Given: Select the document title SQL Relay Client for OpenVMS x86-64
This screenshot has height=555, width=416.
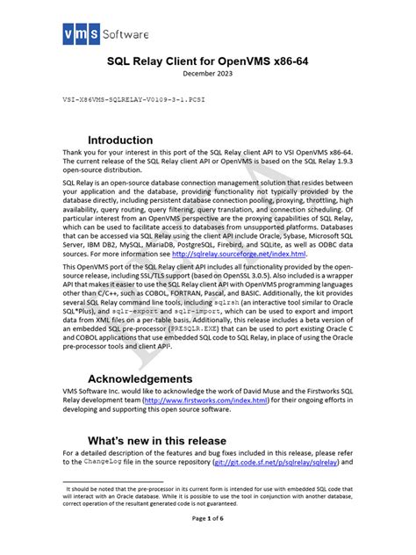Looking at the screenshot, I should (208, 63).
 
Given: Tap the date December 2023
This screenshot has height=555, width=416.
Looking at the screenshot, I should (208, 76).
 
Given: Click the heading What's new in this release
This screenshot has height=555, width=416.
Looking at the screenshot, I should (157, 440).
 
